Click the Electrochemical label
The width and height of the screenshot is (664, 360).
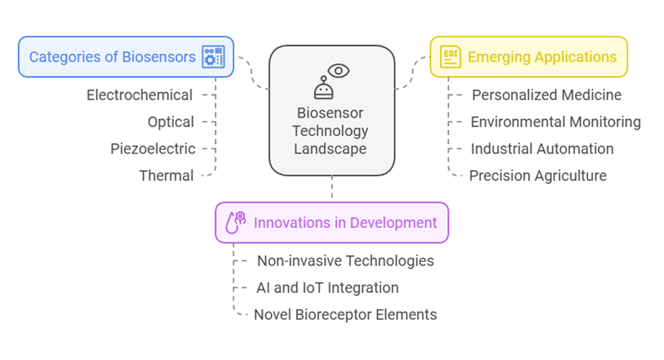139,95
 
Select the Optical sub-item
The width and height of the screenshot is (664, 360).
171,122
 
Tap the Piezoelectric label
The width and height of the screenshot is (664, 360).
152,149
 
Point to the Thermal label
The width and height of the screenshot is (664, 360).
167,176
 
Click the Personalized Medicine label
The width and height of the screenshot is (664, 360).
546,95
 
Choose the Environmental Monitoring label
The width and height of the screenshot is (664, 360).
556,122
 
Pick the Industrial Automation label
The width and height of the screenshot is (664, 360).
542,149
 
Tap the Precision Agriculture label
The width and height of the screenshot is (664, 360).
538,176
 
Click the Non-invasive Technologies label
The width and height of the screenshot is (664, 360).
346,261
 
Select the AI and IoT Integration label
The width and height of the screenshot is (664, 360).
327,288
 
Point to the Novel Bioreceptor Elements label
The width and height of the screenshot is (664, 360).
346,315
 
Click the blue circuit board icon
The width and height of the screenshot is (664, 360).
214,56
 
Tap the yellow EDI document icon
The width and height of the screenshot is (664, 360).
450,56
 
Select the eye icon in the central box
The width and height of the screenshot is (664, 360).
338,71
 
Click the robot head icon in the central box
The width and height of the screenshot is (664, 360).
323,88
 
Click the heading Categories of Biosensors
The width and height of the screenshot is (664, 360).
112,56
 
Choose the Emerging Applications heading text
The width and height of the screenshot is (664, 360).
542,56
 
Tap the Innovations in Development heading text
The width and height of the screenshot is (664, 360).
346,223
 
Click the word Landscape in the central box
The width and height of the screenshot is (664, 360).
330,149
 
